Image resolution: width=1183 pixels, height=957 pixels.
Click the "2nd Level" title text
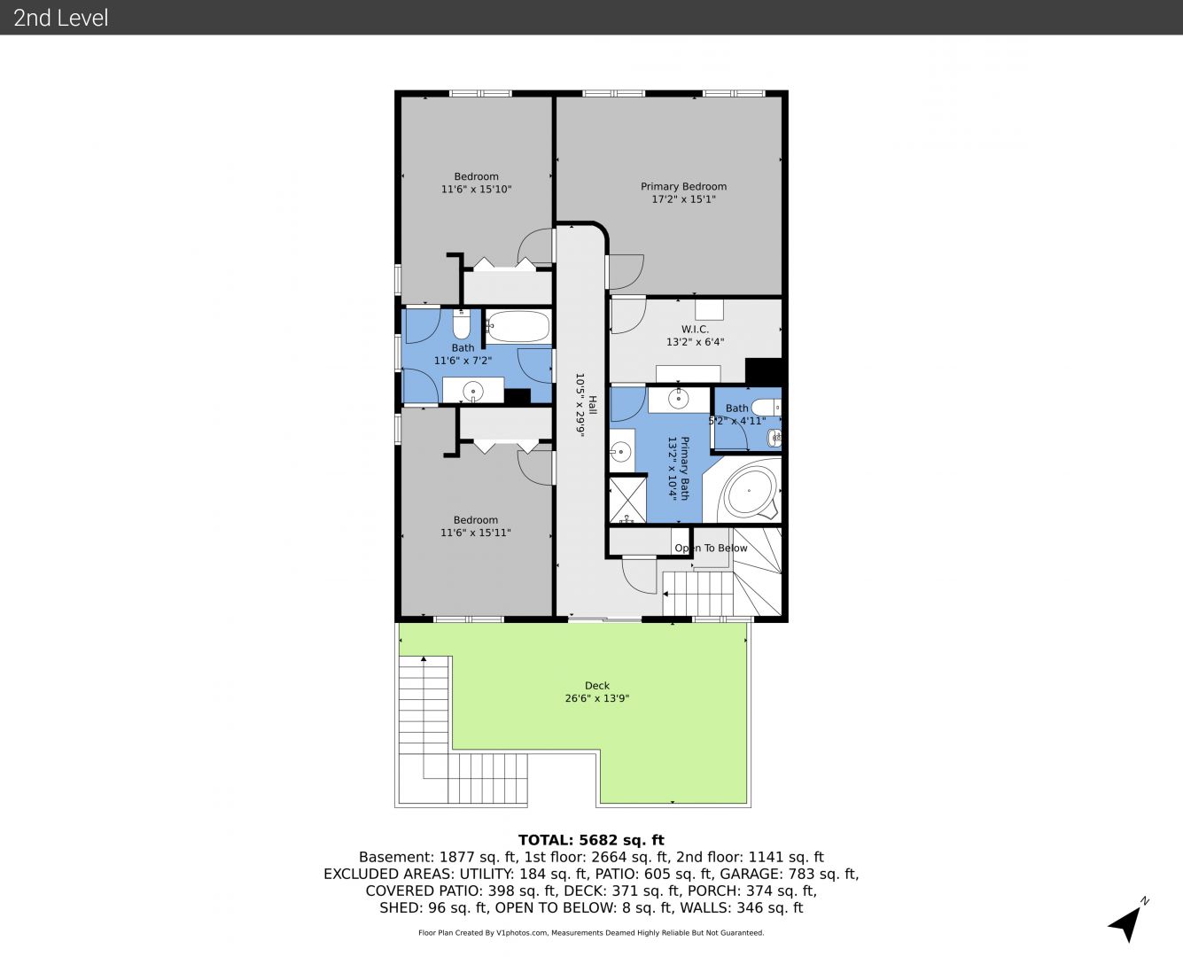click(x=60, y=18)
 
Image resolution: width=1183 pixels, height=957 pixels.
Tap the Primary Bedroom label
click(x=683, y=187)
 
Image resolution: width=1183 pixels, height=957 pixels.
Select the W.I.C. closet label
click(x=695, y=330)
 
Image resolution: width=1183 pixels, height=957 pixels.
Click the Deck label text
click(x=597, y=685)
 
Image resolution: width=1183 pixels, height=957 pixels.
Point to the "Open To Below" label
click(x=711, y=549)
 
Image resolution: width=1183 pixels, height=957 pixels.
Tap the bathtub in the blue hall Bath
click(x=518, y=326)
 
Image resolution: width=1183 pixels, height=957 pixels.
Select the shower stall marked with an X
click(x=628, y=500)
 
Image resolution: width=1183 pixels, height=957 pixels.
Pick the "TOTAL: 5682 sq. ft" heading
click(x=591, y=840)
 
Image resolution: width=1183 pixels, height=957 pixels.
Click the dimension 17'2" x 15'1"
click(x=683, y=199)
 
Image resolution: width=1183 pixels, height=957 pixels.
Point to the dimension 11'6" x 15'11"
click(x=476, y=533)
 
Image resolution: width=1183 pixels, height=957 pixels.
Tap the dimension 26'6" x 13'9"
click(x=597, y=698)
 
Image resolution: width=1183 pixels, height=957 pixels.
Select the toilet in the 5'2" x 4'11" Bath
click(x=766, y=407)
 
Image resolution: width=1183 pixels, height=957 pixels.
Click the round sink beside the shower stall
click(x=621, y=451)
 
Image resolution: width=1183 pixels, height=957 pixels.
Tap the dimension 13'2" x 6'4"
click(x=695, y=342)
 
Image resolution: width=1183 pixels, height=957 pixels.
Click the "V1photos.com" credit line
click(x=591, y=932)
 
